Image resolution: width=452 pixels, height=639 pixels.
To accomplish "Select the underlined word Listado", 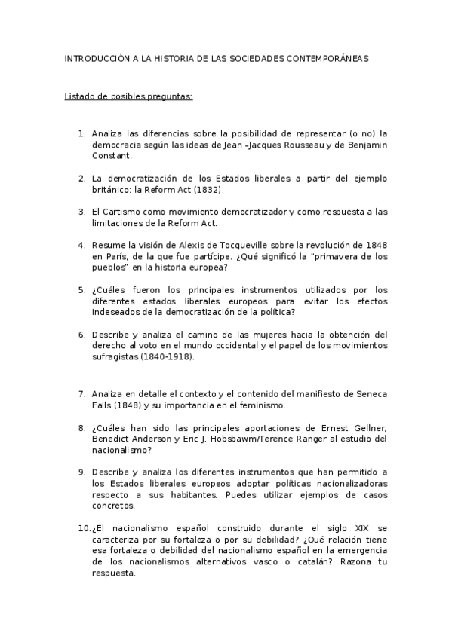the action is (80, 96).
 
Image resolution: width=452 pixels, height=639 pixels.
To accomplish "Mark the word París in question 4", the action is (113, 257).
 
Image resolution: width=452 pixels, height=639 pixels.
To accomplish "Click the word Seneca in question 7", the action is (370, 393).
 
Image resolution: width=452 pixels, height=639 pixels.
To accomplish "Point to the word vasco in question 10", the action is (263, 561).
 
